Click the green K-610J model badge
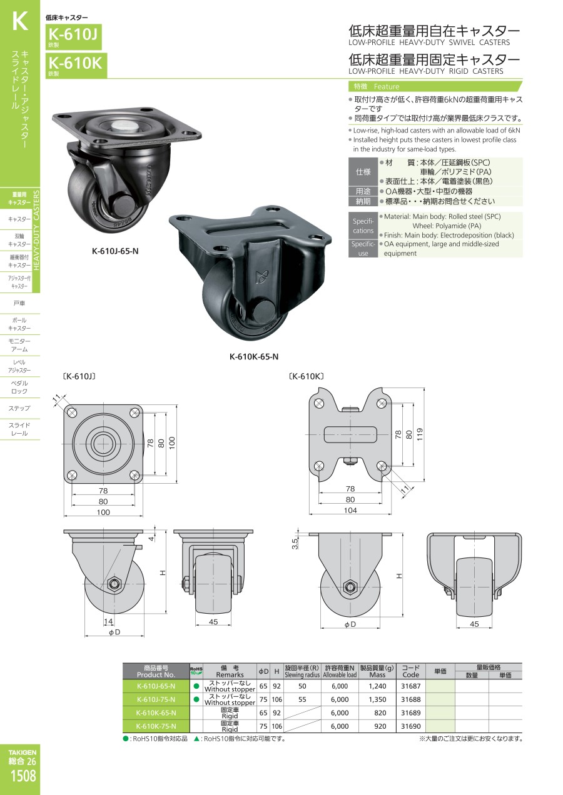[x=74, y=36]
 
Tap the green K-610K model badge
[x=76, y=65]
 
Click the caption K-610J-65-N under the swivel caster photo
[x=115, y=251]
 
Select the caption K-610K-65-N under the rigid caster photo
[x=254, y=356]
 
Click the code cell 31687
[x=410, y=686]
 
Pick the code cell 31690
[x=410, y=726]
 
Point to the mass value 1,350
[x=377, y=699]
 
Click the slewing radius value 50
[x=302, y=686]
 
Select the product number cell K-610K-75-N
[x=156, y=726]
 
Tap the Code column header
[x=410, y=671]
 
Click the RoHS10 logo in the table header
[x=196, y=671]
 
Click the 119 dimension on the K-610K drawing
[x=420, y=434]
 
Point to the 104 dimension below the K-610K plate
[x=350, y=510]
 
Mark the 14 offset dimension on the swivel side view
[x=108, y=621]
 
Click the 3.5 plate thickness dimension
[x=295, y=543]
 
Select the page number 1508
[x=23, y=776]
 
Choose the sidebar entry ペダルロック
[x=19, y=387]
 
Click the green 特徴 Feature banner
[x=435, y=86]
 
